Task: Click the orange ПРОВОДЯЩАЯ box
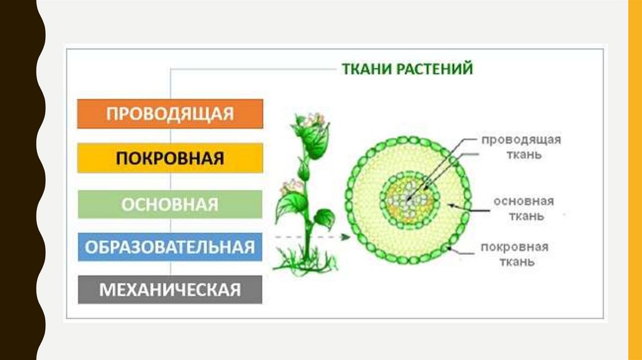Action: [169, 114]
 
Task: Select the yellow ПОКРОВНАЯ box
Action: [169, 158]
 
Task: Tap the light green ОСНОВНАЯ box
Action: [169, 204]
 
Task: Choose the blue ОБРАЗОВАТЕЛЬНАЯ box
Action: [169, 246]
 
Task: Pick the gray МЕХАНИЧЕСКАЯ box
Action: [169, 290]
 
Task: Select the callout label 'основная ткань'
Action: [522, 209]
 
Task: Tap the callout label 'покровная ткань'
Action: [515, 254]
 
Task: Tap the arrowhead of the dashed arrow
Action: [345, 237]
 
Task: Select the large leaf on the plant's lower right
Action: [324, 218]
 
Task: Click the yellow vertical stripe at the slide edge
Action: [634, 180]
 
